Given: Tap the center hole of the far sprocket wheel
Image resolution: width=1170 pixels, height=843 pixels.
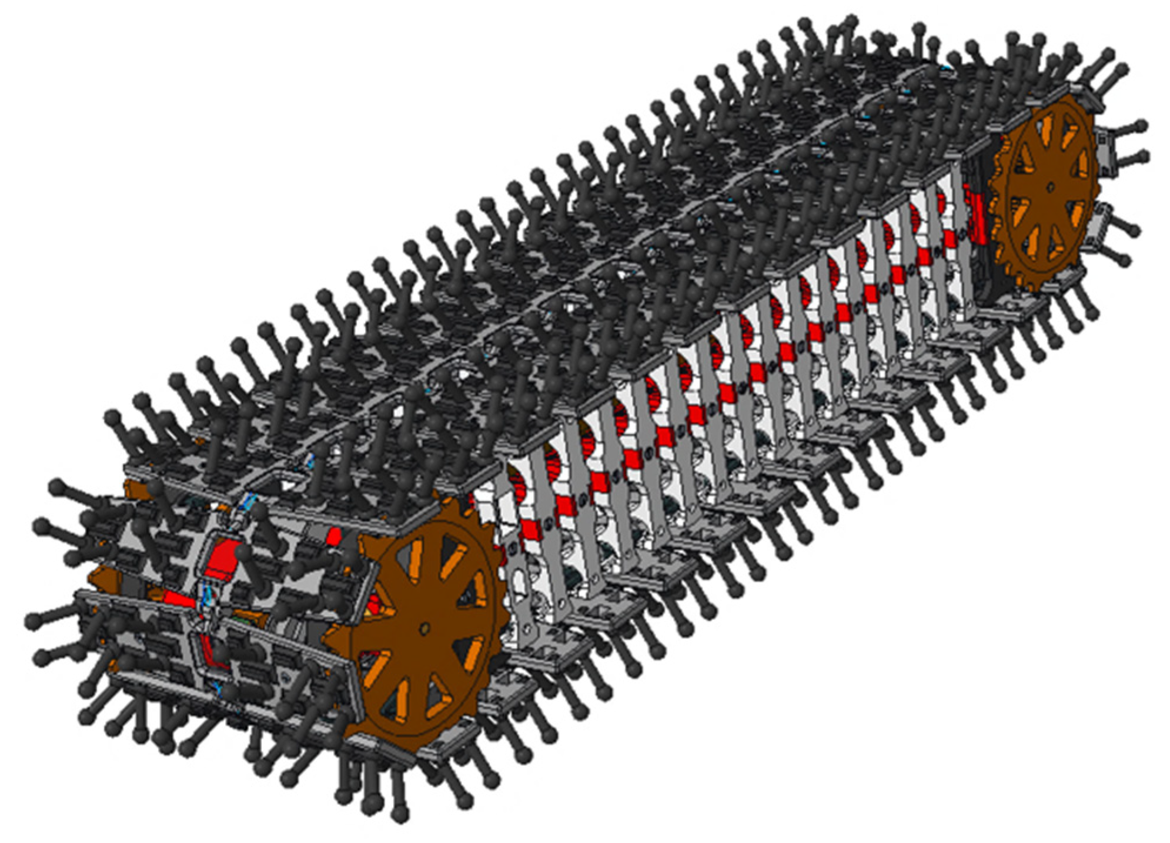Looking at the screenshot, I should (1050, 188).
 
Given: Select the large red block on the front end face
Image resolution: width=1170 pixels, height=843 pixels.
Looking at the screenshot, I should (222, 558).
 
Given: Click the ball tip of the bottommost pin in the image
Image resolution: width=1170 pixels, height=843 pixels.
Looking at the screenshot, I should (400, 814).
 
